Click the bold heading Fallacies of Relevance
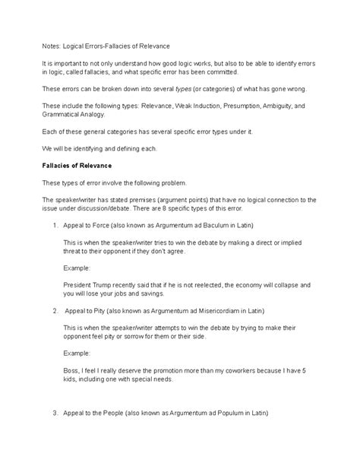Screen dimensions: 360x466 pos(77,164)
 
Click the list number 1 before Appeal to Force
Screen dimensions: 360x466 pos(55,226)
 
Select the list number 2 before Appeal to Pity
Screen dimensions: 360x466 pos(55,310)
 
